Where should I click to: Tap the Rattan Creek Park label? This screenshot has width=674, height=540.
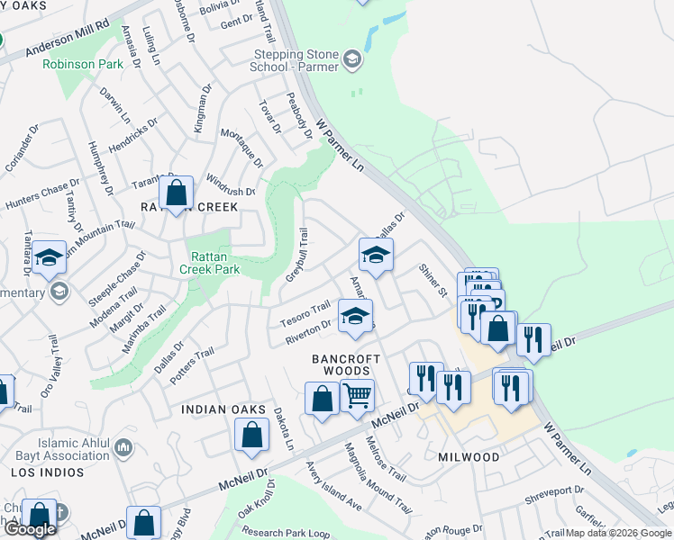click(x=209, y=263)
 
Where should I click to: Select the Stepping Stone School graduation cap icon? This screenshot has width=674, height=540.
click(x=351, y=61)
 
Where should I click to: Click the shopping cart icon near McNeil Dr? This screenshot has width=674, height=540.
click(x=358, y=394)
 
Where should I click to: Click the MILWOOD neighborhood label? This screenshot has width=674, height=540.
click(x=469, y=457)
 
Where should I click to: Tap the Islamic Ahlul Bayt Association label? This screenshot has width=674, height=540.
click(x=61, y=449)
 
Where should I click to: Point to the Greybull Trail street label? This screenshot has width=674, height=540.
click(x=296, y=255)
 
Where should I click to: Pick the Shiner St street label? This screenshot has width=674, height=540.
click(x=433, y=280)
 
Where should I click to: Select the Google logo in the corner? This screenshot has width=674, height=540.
click(x=30, y=529)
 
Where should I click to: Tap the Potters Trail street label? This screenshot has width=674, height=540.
click(x=190, y=364)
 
